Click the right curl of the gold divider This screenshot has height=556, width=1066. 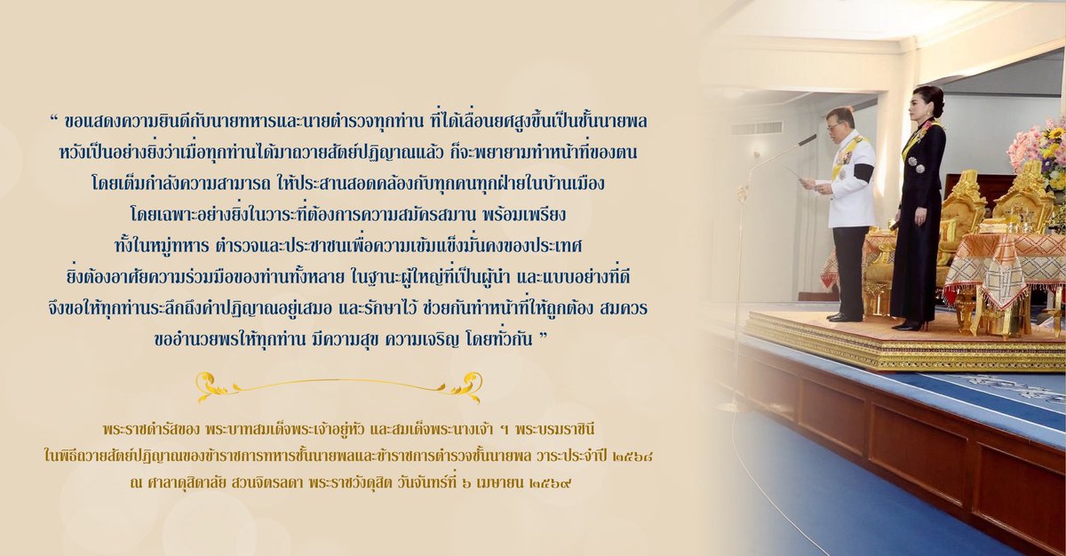coord(465,385)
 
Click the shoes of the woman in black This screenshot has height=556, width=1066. coord(907,325)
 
